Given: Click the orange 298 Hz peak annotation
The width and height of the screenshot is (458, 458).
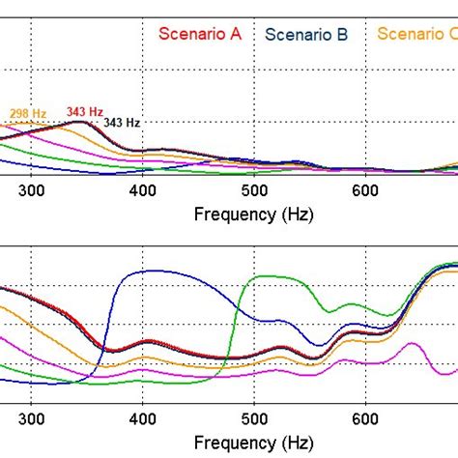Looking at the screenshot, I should pos(28,115).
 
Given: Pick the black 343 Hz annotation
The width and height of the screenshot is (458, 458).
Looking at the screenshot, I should pos(122,123).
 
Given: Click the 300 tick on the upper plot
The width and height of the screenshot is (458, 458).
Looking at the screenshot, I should pos(32,191).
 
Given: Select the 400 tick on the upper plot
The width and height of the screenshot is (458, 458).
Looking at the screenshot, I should pos(142,191).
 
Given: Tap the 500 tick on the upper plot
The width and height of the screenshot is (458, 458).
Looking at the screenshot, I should pos(253,191).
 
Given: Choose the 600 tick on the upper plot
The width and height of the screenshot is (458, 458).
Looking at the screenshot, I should pos(364,191).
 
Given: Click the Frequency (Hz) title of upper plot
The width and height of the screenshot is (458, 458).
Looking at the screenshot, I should pos(253,214).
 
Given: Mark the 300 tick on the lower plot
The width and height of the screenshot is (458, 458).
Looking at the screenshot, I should pos(32,419).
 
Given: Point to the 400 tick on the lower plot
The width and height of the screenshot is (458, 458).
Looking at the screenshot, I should pos(142,419).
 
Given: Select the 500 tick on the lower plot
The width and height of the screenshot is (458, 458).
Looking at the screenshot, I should pos(253,419).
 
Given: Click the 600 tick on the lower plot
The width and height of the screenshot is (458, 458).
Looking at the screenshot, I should pos(364,419).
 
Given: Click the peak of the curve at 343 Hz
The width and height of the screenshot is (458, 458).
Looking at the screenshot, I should pos(80,122).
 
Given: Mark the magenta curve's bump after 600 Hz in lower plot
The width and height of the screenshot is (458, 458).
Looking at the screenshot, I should pos(414,344).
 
